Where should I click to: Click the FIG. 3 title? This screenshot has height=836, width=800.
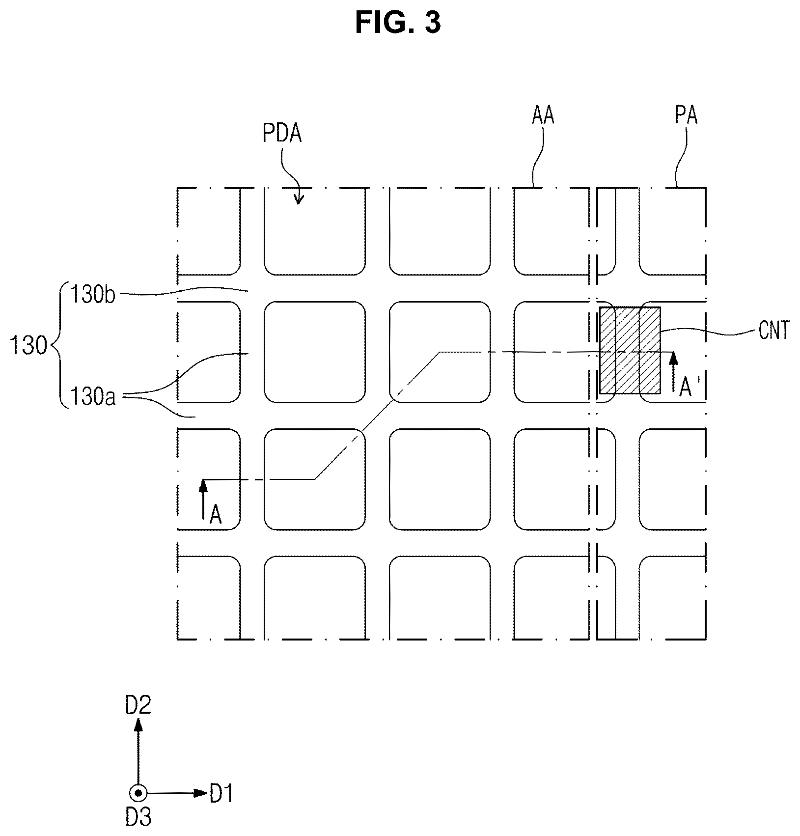[x=398, y=23]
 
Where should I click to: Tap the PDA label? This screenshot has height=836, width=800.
[x=282, y=134]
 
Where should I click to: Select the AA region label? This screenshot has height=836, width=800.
[x=543, y=115]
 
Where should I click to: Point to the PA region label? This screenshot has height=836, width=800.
[x=686, y=115]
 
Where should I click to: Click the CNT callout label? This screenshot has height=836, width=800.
[x=774, y=331]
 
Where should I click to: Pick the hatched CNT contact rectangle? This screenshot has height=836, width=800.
[x=630, y=350]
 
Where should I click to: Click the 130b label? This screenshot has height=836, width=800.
[x=93, y=295]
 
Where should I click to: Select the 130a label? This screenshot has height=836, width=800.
[x=93, y=396]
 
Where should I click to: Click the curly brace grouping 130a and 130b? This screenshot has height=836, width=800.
[x=57, y=346]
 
